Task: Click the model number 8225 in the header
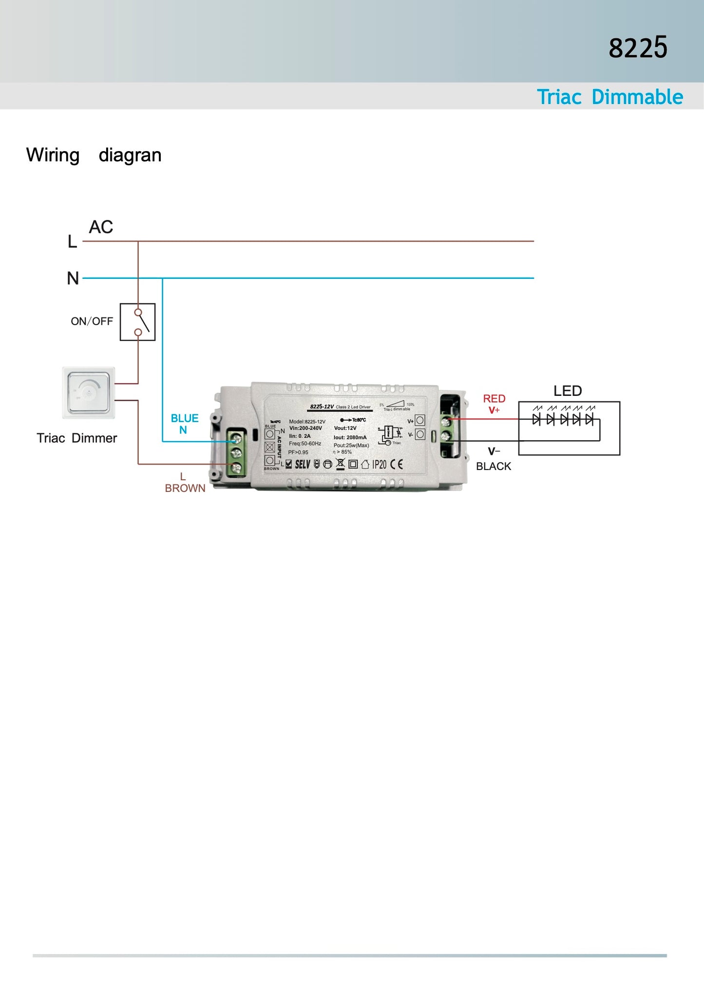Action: click(638, 48)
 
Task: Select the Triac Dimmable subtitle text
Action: click(609, 97)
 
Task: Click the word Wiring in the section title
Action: click(53, 155)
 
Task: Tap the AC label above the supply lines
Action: click(101, 227)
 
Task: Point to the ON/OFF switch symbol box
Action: click(138, 322)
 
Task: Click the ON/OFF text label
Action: click(92, 321)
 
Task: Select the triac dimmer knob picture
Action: click(89, 392)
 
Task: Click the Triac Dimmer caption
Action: click(76, 438)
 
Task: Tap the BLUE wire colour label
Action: click(185, 418)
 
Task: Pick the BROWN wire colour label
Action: click(185, 488)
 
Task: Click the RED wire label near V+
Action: click(494, 399)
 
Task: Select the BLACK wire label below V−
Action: click(494, 466)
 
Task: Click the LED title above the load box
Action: click(568, 391)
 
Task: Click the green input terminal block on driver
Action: click(236, 453)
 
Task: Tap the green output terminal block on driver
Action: click(446, 428)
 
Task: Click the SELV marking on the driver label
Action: click(303, 464)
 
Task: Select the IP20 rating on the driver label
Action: click(380, 464)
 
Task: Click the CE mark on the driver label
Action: click(397, 464)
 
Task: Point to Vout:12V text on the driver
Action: click(345, 428)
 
